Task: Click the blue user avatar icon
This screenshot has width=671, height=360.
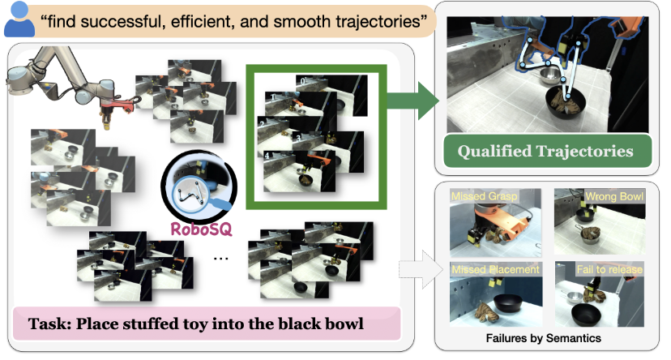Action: tap(19, 19)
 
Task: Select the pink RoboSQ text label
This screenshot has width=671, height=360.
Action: tap(201, 229)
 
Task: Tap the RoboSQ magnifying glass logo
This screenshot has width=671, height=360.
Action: tap(199, 185)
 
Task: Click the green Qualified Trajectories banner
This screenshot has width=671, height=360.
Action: tap(547, 151)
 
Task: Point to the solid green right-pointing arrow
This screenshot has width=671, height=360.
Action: tap(412, 101)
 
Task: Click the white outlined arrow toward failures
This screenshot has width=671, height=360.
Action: tap(421, 270)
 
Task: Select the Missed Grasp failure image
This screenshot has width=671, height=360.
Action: tap(495, 223)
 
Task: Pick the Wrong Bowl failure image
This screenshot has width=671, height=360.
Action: tap(600, 221)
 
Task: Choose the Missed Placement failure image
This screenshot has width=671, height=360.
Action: tap(496, 294)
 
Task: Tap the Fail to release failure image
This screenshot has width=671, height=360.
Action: tap(600, 294)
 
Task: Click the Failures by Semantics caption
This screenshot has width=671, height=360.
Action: tap(544, 338)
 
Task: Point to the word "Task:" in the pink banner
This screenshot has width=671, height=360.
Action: tap(49, 324)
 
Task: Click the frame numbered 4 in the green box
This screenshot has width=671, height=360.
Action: tap(299, 171)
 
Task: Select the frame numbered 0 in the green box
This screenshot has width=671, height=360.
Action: tap(331, 95)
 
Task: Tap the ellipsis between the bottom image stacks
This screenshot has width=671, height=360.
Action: tap(220, 258)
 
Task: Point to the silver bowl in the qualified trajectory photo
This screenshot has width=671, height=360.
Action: tap(549, 75)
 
